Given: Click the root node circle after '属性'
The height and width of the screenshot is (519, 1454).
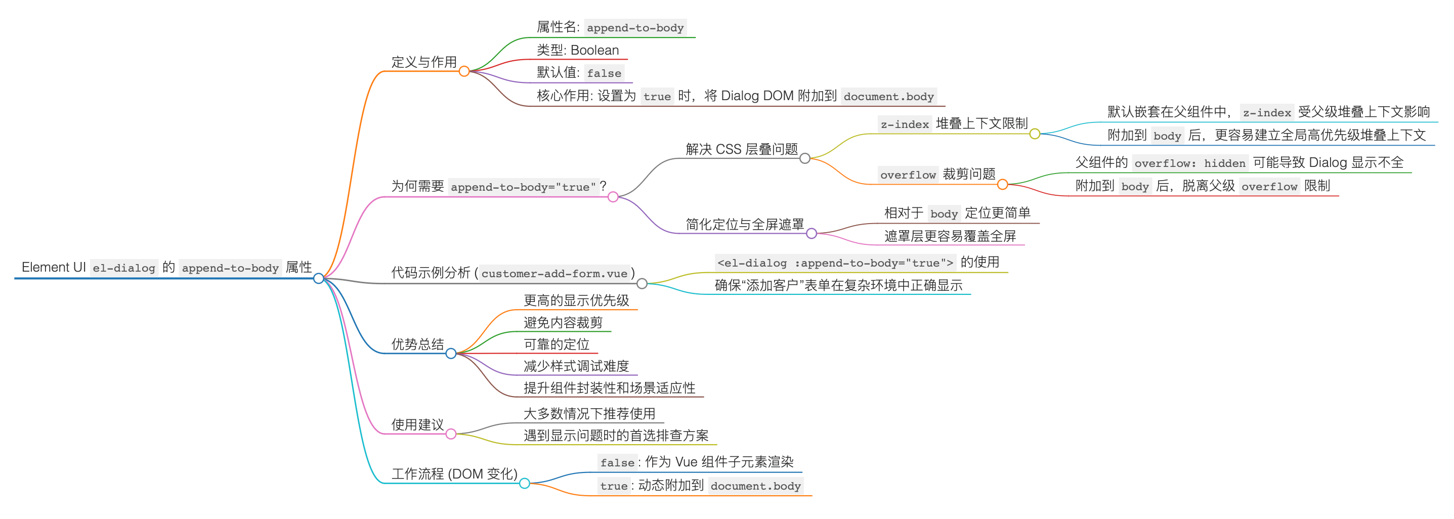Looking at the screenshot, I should pos(318,278).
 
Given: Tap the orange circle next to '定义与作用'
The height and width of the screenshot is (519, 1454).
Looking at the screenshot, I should pos(464,71).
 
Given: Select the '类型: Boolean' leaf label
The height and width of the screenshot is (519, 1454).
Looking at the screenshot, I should pos(577,50).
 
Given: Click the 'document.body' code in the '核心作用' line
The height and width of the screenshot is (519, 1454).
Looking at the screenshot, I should pos(888,97).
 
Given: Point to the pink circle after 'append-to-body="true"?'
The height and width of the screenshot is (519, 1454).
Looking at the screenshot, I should pos(613,197).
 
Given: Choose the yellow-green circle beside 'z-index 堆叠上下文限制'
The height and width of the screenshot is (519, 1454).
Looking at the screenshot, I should pos(1035,134).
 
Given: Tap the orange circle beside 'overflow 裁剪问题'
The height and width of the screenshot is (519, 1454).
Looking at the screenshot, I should pos(1002,184).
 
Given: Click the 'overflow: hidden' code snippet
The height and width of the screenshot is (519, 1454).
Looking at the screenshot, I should pos(1190,163).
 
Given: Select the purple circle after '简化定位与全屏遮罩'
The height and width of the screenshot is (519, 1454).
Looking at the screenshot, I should pos(811,234).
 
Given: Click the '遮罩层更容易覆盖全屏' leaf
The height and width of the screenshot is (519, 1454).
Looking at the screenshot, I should pos(950,236).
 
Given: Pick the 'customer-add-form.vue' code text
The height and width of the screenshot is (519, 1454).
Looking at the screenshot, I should pos(554,274).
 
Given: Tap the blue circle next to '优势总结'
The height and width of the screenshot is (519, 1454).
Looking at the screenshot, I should pos(451,354).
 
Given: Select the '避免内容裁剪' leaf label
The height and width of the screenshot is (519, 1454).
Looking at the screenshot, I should pos(563,323).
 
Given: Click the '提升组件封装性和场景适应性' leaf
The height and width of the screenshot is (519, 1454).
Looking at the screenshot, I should pos(609,388).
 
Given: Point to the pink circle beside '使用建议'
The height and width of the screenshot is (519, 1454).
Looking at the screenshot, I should pos(451,434).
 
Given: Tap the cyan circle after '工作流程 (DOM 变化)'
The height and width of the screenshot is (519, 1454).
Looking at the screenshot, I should pos(524,483).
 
